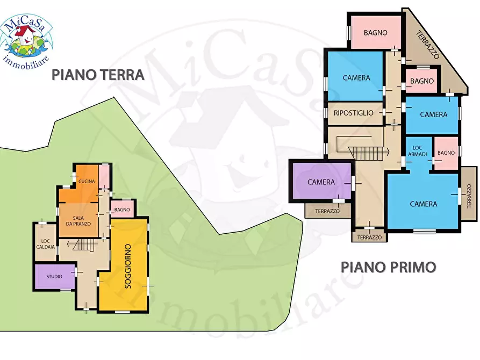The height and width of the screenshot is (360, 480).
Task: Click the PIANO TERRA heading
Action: tap(98, 75)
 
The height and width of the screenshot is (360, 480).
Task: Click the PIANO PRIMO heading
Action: tap(388, 267)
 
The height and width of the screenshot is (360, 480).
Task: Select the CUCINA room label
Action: tap(87, 182)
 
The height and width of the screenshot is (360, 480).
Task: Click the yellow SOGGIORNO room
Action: tap(128, 267)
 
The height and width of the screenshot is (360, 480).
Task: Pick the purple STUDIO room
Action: tap(54, 276)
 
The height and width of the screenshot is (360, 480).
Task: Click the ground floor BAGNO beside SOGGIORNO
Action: tap(122, 210)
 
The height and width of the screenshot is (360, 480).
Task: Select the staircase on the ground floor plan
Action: tap(83, 246)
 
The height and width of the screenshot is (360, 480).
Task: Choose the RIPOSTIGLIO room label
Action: tap(353, 113)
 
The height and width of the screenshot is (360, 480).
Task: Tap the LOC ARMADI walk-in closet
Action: tap(419, 151)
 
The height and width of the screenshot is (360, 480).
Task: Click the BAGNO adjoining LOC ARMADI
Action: tap(446, 153)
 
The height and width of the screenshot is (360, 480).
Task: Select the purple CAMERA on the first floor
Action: tap(321, 182)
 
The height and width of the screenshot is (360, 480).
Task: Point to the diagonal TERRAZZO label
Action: tap(428, 45)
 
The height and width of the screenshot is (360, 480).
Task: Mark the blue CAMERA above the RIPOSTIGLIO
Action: tap(356, 78)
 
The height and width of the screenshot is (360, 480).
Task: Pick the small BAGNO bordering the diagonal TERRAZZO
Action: tap(421, 81)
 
